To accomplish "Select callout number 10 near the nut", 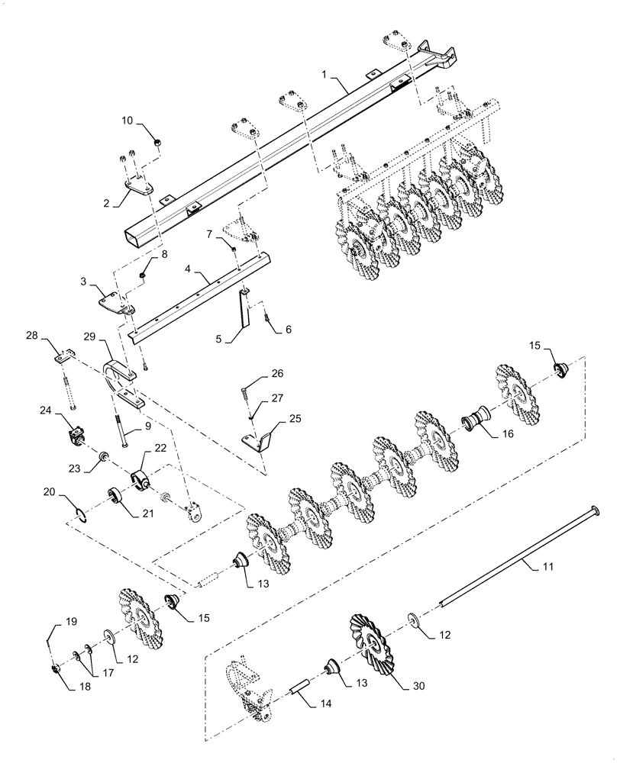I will pos(128,121).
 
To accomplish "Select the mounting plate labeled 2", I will pos(137,185).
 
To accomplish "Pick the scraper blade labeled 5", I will pos(244,311).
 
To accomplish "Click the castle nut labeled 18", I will pos(57,670).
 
